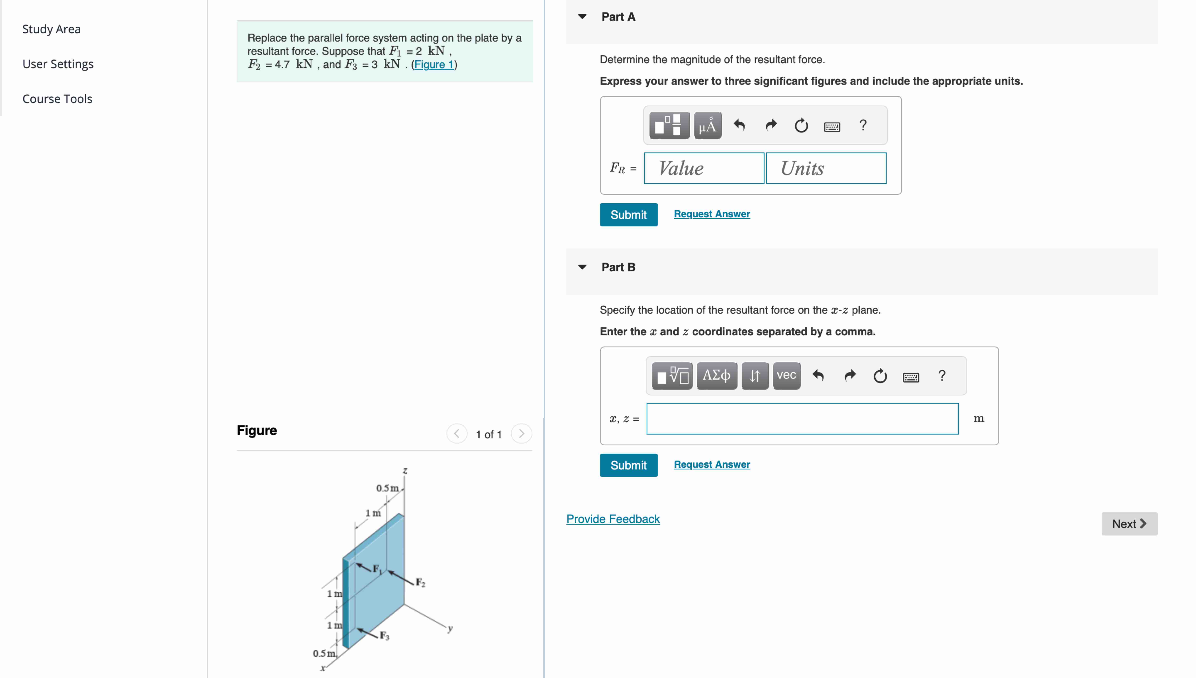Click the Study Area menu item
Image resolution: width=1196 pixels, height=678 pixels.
coord(51,29)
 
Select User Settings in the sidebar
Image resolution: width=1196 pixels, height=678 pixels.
coord(58,64)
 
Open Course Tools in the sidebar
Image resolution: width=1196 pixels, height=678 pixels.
coord(57,99)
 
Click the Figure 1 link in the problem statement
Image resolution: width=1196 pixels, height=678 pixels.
coord(434,64)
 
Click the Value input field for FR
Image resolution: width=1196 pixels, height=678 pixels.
coord(704,168)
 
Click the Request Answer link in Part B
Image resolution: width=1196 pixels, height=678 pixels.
coord(712,464)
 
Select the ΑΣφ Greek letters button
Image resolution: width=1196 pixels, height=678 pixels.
coord(716,375)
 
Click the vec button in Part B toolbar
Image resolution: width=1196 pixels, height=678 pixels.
coord(786,375)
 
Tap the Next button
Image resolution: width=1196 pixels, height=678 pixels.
coord(1129,524)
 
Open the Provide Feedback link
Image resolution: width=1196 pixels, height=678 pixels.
coord(612,519)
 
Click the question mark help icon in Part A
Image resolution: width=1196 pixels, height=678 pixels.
coord(862,125)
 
